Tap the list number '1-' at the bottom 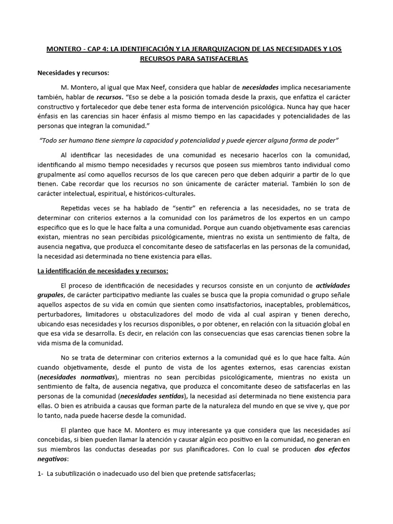40,474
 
